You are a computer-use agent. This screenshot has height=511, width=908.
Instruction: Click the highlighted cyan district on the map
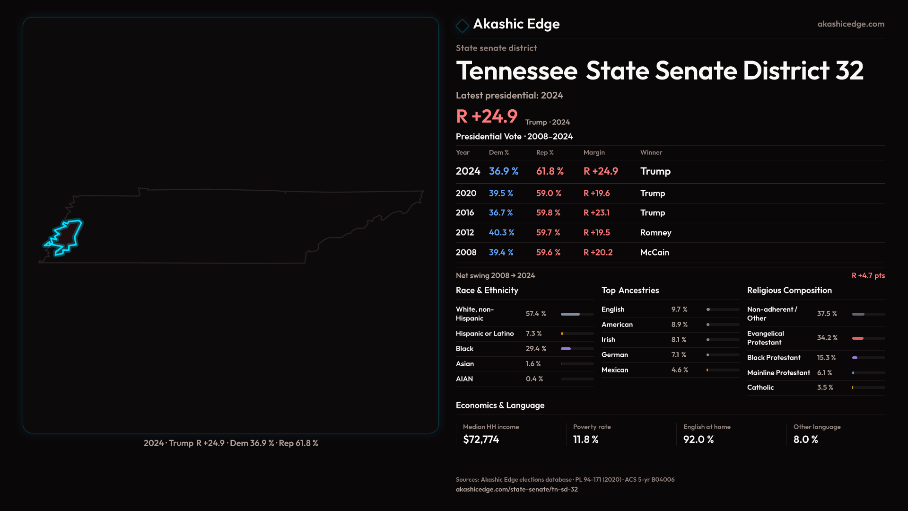pos(67,236)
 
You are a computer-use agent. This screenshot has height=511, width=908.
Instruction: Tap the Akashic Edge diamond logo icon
pos(462,26)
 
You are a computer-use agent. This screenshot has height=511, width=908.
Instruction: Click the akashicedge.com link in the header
pos(850,24)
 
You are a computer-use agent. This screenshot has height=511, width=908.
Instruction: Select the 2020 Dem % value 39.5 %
pos(501,194)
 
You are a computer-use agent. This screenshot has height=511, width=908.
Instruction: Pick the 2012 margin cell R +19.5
pos(596,233)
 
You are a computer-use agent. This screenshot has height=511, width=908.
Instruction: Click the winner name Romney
pos(655,233)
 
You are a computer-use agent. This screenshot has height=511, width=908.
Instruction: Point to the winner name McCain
pos(655,253)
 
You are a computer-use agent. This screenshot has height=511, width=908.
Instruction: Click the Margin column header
pos(594,153)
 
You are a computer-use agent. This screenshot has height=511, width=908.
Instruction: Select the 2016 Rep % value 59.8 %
pos(548,213)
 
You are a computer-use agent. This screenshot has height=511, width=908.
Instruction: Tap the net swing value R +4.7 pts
pos(868,276)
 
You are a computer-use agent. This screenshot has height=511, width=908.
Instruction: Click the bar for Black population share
pos(577,349)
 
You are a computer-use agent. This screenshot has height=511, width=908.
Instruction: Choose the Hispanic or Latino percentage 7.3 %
pos(534,334)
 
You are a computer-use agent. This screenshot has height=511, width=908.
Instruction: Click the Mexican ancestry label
pos(615,370)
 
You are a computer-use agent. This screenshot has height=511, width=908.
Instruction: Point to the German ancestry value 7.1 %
pos(679,355)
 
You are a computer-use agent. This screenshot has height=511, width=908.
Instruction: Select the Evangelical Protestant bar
pos(868,338)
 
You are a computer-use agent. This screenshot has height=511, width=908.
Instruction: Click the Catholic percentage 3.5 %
pos(825,388)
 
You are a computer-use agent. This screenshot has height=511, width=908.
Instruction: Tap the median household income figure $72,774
pos(481,440)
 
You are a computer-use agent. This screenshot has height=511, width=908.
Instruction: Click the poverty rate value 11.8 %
pos(585,440)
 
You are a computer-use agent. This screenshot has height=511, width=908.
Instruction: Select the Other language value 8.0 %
pos(805,440)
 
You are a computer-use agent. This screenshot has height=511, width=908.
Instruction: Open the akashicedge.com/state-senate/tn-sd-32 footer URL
pos(516,490)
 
